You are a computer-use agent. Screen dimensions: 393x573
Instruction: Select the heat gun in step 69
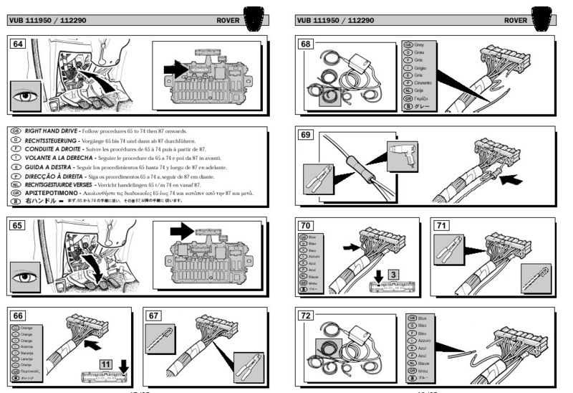pos(401,153)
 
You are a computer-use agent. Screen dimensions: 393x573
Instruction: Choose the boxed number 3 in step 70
pos(394,273)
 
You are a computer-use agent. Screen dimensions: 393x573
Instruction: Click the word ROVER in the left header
pos(229,20)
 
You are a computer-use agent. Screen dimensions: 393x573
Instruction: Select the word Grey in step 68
pos(420,44)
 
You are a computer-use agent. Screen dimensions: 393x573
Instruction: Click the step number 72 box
pos(307,316)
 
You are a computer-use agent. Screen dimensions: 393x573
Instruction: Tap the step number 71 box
pos(443,224)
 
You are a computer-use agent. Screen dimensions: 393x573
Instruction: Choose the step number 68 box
pos(307,44)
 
